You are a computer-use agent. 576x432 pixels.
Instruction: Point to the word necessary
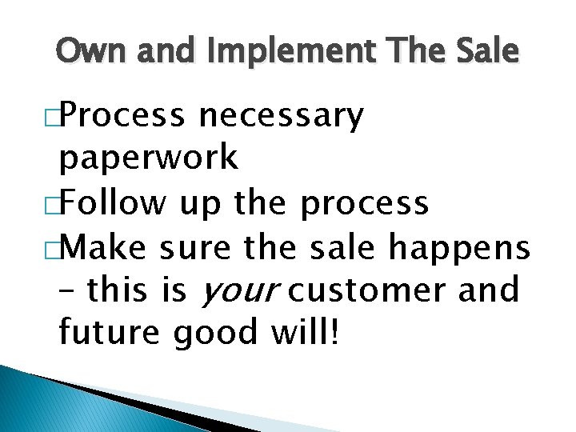[x=282, y=118]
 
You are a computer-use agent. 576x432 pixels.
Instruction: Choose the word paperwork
[x=148, y=159]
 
